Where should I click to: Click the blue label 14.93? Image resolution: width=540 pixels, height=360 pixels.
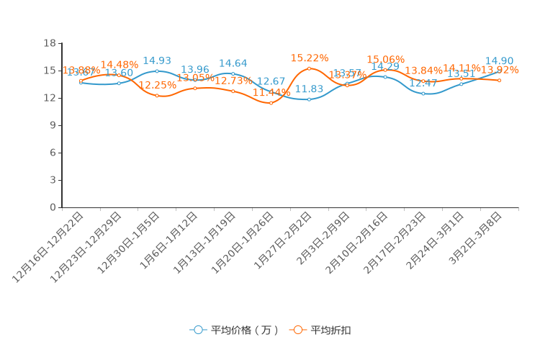[156, 60]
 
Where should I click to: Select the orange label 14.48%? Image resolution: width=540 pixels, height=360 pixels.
[120, 65]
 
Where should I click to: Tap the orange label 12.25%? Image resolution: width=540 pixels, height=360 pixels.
[158, 85]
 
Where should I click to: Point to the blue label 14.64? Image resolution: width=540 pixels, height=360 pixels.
[233, 63]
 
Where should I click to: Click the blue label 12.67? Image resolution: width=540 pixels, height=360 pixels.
[271, 81]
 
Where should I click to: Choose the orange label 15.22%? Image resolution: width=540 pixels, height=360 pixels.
[310, 58]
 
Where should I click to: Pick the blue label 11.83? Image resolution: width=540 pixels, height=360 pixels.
[309, 89]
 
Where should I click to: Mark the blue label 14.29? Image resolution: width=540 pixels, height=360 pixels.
[385, 66]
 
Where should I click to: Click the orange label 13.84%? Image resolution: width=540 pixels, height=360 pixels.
[424, 71]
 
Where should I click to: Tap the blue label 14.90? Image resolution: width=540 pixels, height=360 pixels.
[499, 61]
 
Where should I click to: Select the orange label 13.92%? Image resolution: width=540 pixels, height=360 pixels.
[500, 70]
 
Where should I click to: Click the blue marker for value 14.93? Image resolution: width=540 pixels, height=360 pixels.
[157, 71]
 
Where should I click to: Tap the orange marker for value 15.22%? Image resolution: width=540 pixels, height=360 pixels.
[310, 68]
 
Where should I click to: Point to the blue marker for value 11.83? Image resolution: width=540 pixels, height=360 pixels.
[310, 99]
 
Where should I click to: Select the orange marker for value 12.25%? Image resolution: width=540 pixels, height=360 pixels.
[157, 96]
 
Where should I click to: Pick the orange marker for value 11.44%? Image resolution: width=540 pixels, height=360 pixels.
[271, 103]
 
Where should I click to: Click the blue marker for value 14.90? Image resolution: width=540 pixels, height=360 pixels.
[500, 71]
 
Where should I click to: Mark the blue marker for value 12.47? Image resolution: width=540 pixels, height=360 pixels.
[423, 94]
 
